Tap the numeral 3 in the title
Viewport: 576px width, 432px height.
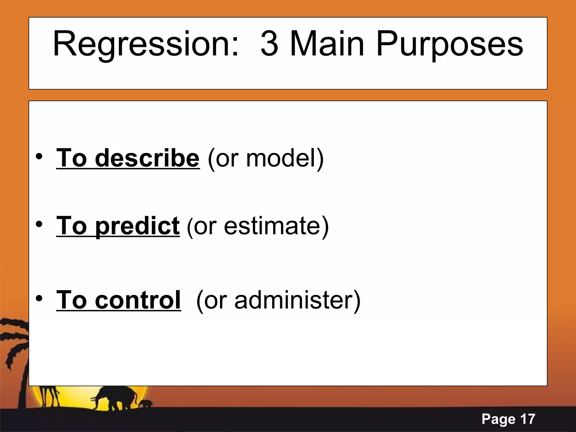coord(270,44)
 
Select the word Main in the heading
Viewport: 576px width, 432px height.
coord(327,44)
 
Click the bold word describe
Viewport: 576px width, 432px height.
coord(147,158)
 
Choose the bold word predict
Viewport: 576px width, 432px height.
coord(137,226)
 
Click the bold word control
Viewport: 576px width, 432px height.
coord(138,300)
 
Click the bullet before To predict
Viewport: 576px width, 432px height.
coord(39,224)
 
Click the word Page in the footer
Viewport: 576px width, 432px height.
coord(499,419)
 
